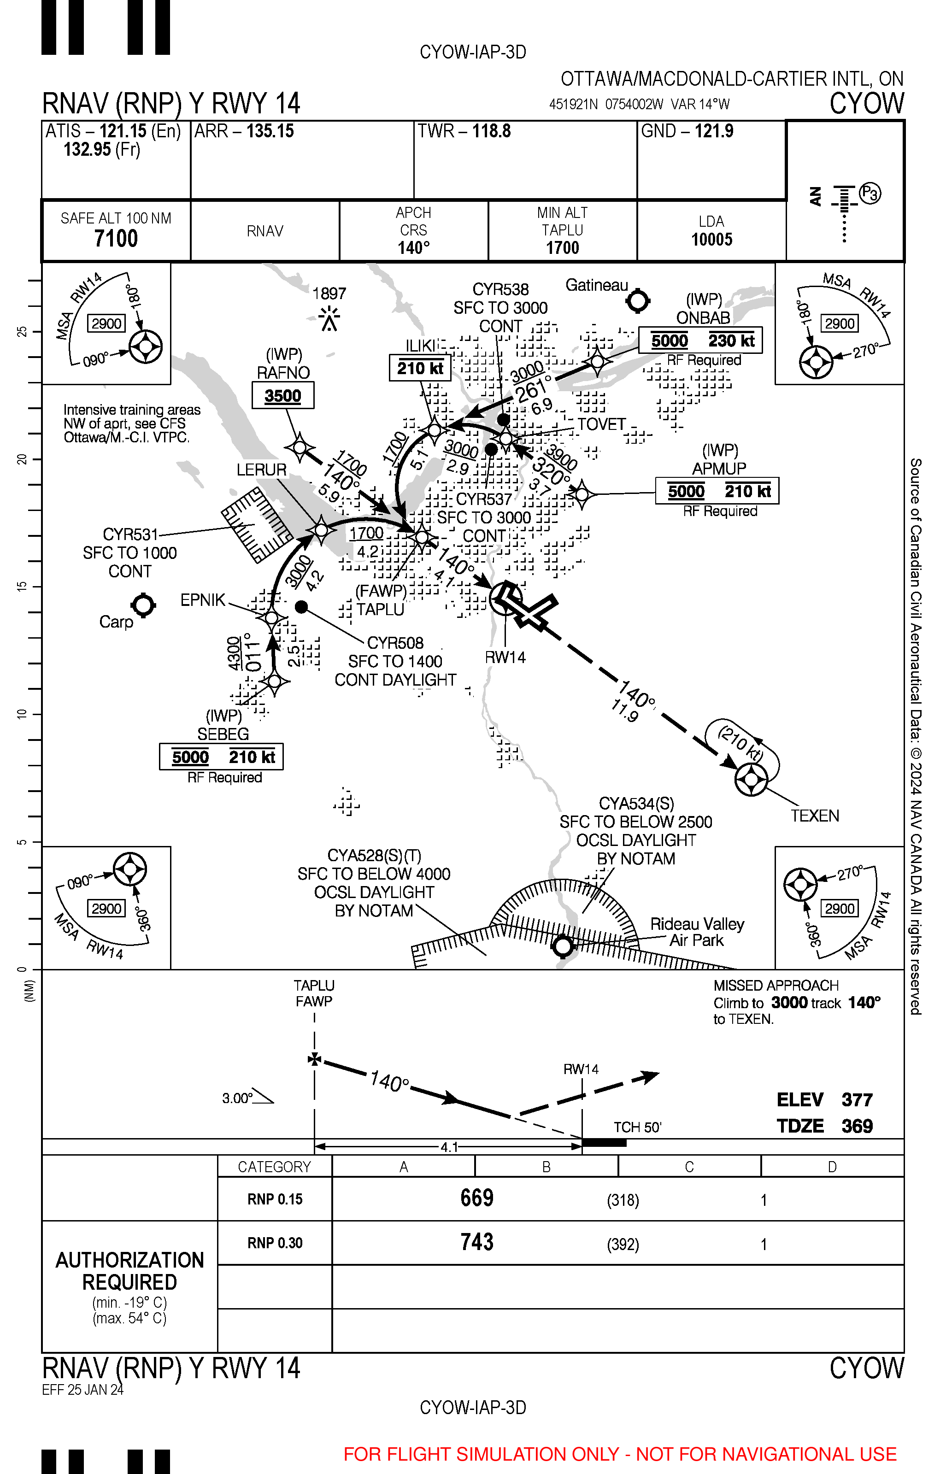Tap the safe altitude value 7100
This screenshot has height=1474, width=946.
click(116, 238)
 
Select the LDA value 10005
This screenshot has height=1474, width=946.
click(711, 240)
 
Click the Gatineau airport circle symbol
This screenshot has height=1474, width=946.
click(638, 301)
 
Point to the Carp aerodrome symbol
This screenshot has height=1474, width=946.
click(144, 605)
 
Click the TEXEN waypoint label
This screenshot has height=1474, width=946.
click(815, 816)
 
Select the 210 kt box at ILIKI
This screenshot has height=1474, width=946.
click(420, 369)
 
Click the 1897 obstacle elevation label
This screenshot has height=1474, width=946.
click(329, 294)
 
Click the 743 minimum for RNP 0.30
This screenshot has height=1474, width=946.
click(476, 1242)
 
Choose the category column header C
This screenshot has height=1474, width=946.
click(689, 1167)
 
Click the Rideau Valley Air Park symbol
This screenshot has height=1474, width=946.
click(563, 946)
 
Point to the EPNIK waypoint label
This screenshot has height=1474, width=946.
click(203, 600)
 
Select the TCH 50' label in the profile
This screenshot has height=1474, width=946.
click(637, 1127)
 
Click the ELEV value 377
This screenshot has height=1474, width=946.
click(857, 1099)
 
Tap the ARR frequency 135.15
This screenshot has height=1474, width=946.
click(270, 131)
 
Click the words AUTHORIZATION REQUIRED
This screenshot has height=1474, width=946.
click(129, 1271)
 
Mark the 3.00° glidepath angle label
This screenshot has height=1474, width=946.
click(237, 1098)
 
